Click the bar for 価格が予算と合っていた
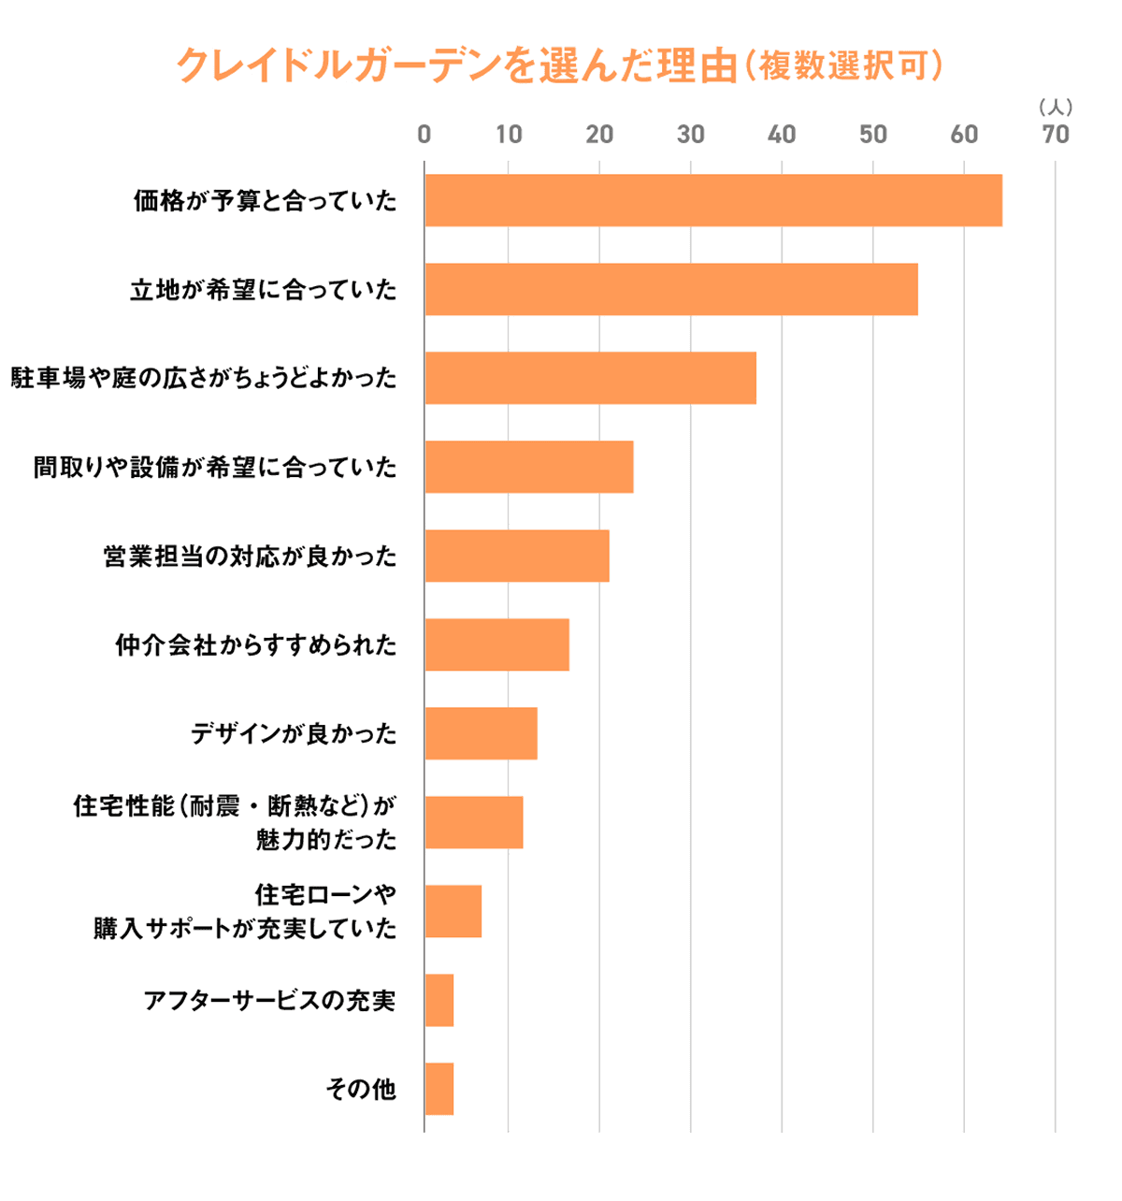(x=713, y=200)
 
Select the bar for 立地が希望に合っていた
(x=671, y=289)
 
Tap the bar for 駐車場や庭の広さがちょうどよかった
(x=590, y=378)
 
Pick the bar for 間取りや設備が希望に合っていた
(x=529, y=467)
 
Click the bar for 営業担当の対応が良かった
(x=517, y=556)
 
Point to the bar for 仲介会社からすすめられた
(x=496, y=644)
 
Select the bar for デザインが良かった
(x=481, y=733)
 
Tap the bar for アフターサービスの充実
(x=439, y=1000)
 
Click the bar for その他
(x=439, y=1089)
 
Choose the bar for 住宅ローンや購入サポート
(x=453, y=911)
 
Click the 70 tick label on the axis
(x=1055, y=135)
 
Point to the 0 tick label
(x=424, y=135)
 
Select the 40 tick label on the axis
(x=782, y=135)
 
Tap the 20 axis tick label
(x=599, y=135)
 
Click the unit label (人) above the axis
(x=1056, y=108)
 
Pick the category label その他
(x=361, y=1090)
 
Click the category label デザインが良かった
(x=294, y=734)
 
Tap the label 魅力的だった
(x=325, y=839)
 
